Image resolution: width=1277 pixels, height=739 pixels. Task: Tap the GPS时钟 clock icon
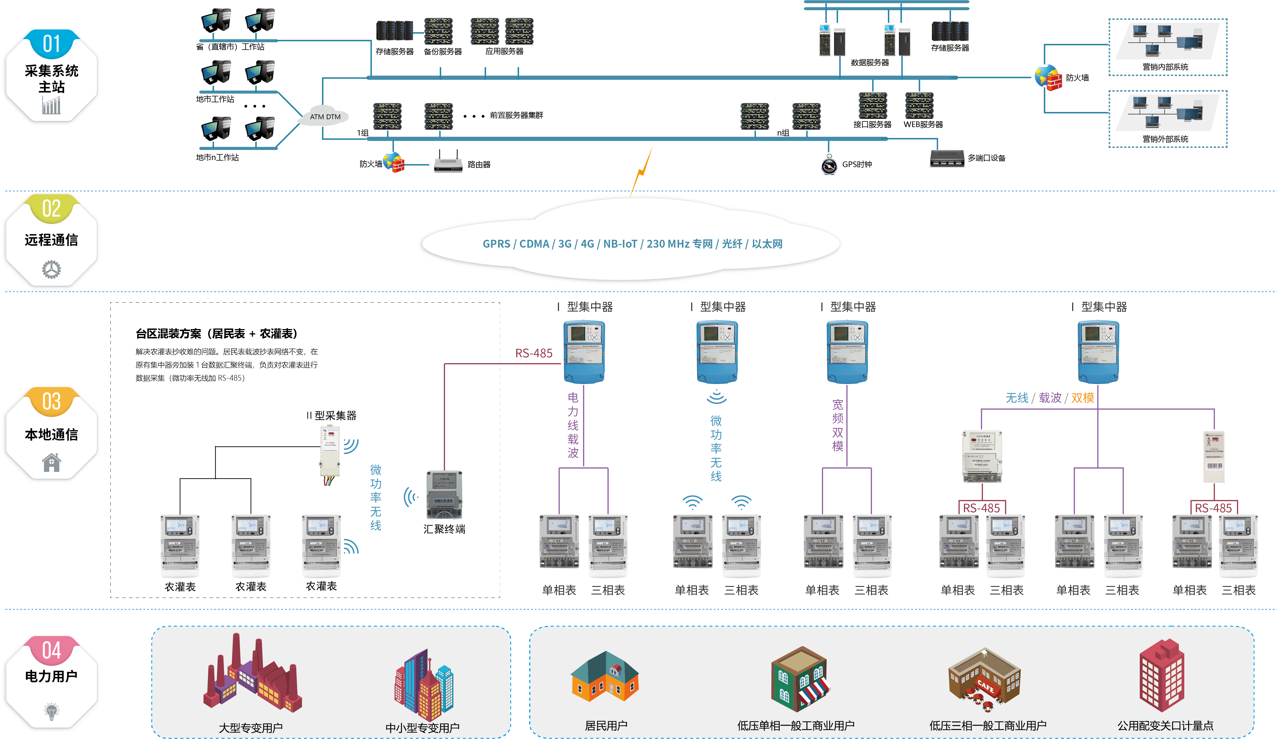tap(829, 165)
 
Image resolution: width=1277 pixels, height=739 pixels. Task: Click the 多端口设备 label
tap(986, 158)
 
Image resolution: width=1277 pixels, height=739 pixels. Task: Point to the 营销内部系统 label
tap(1165, 67)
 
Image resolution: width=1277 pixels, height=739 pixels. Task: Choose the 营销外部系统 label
tap(1165, 139)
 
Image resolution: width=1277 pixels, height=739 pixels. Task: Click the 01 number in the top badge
tap(51, 44)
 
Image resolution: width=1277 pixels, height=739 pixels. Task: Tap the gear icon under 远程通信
tap(51, 269)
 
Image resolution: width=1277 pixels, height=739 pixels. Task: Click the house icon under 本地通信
tap(51, 462)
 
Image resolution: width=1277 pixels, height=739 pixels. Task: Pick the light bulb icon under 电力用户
tap(51, 711)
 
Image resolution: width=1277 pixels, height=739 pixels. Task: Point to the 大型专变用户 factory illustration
tap(252, 674)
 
